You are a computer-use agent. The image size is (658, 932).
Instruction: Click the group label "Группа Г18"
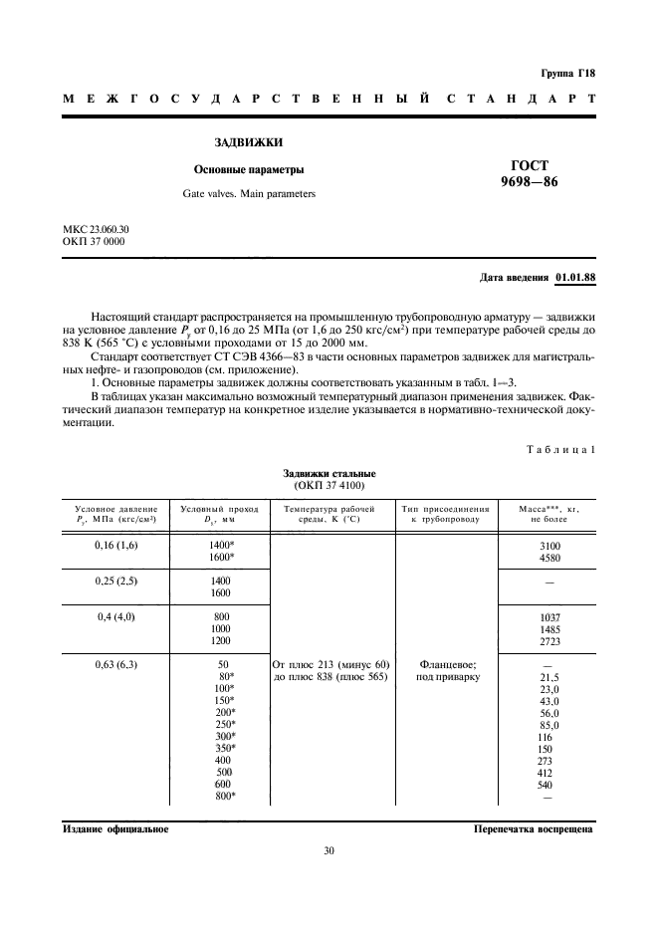tap(566, 74)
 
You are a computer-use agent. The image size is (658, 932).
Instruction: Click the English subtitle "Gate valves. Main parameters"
tap(248, 193)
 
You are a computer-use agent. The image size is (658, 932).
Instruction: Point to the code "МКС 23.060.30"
tap(96, 229)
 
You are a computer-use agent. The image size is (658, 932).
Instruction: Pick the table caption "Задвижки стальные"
tap(329, 473)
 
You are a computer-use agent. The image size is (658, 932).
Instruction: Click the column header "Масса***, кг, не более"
tap(548, 513)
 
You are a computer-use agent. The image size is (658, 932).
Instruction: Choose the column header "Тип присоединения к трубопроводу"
tap(445, 513)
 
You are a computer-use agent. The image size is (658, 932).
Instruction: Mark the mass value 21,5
tap(548, 677)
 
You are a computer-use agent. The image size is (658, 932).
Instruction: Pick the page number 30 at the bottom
tap(329, 850)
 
